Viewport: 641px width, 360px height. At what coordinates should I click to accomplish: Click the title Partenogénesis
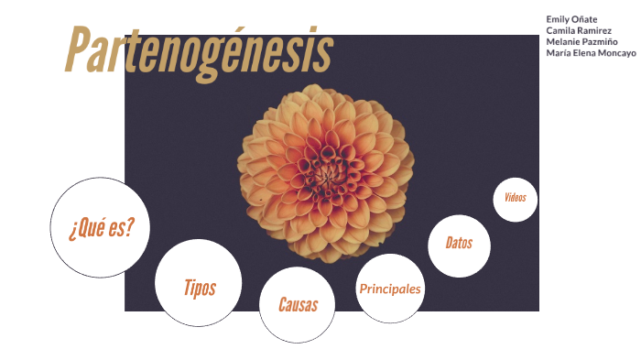point(200,50)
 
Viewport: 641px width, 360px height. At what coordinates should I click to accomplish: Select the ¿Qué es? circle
point(100,227)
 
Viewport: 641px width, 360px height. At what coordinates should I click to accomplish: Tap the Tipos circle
point(199,283)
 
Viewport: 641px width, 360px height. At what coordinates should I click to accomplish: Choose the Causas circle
point(299,304)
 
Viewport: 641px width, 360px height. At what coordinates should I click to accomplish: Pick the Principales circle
point(390,289)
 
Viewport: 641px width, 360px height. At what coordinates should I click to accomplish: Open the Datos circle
point(459,245)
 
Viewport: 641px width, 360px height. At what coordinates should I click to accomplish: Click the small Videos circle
point(516,200)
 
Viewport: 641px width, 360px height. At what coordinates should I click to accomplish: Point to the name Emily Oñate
point(571,19)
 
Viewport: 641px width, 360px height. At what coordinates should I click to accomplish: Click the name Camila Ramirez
point(579,30)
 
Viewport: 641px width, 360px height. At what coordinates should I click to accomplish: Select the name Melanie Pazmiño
point(581,42)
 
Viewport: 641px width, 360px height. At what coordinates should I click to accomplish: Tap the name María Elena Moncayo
point(591,53)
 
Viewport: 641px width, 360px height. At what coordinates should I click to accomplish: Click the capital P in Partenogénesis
point(81,50)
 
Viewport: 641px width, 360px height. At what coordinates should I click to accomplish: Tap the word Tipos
point(200,288)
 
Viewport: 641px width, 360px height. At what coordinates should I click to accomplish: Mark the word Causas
point(299,305)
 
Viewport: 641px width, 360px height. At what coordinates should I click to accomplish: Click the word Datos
point(459,244)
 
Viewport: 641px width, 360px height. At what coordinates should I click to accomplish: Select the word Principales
point(390,289)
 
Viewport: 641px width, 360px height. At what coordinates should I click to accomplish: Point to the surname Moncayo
point(614,53)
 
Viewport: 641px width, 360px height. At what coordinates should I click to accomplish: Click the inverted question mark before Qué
point(71,230)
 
